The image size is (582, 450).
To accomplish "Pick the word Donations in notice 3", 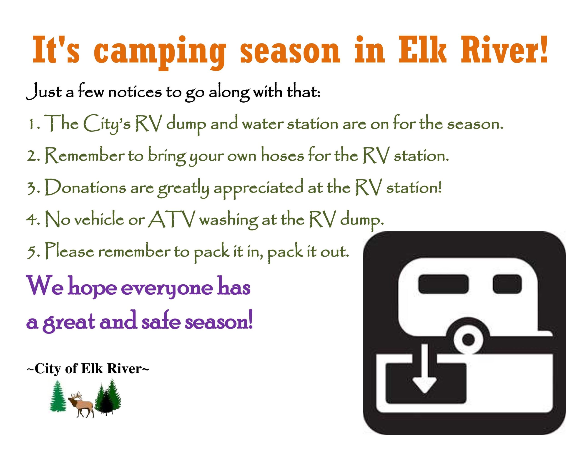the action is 85,187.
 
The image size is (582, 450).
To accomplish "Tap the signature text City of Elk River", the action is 88,369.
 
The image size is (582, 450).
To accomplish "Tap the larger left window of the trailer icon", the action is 443,284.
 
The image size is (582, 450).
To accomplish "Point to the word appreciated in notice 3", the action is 258,188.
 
